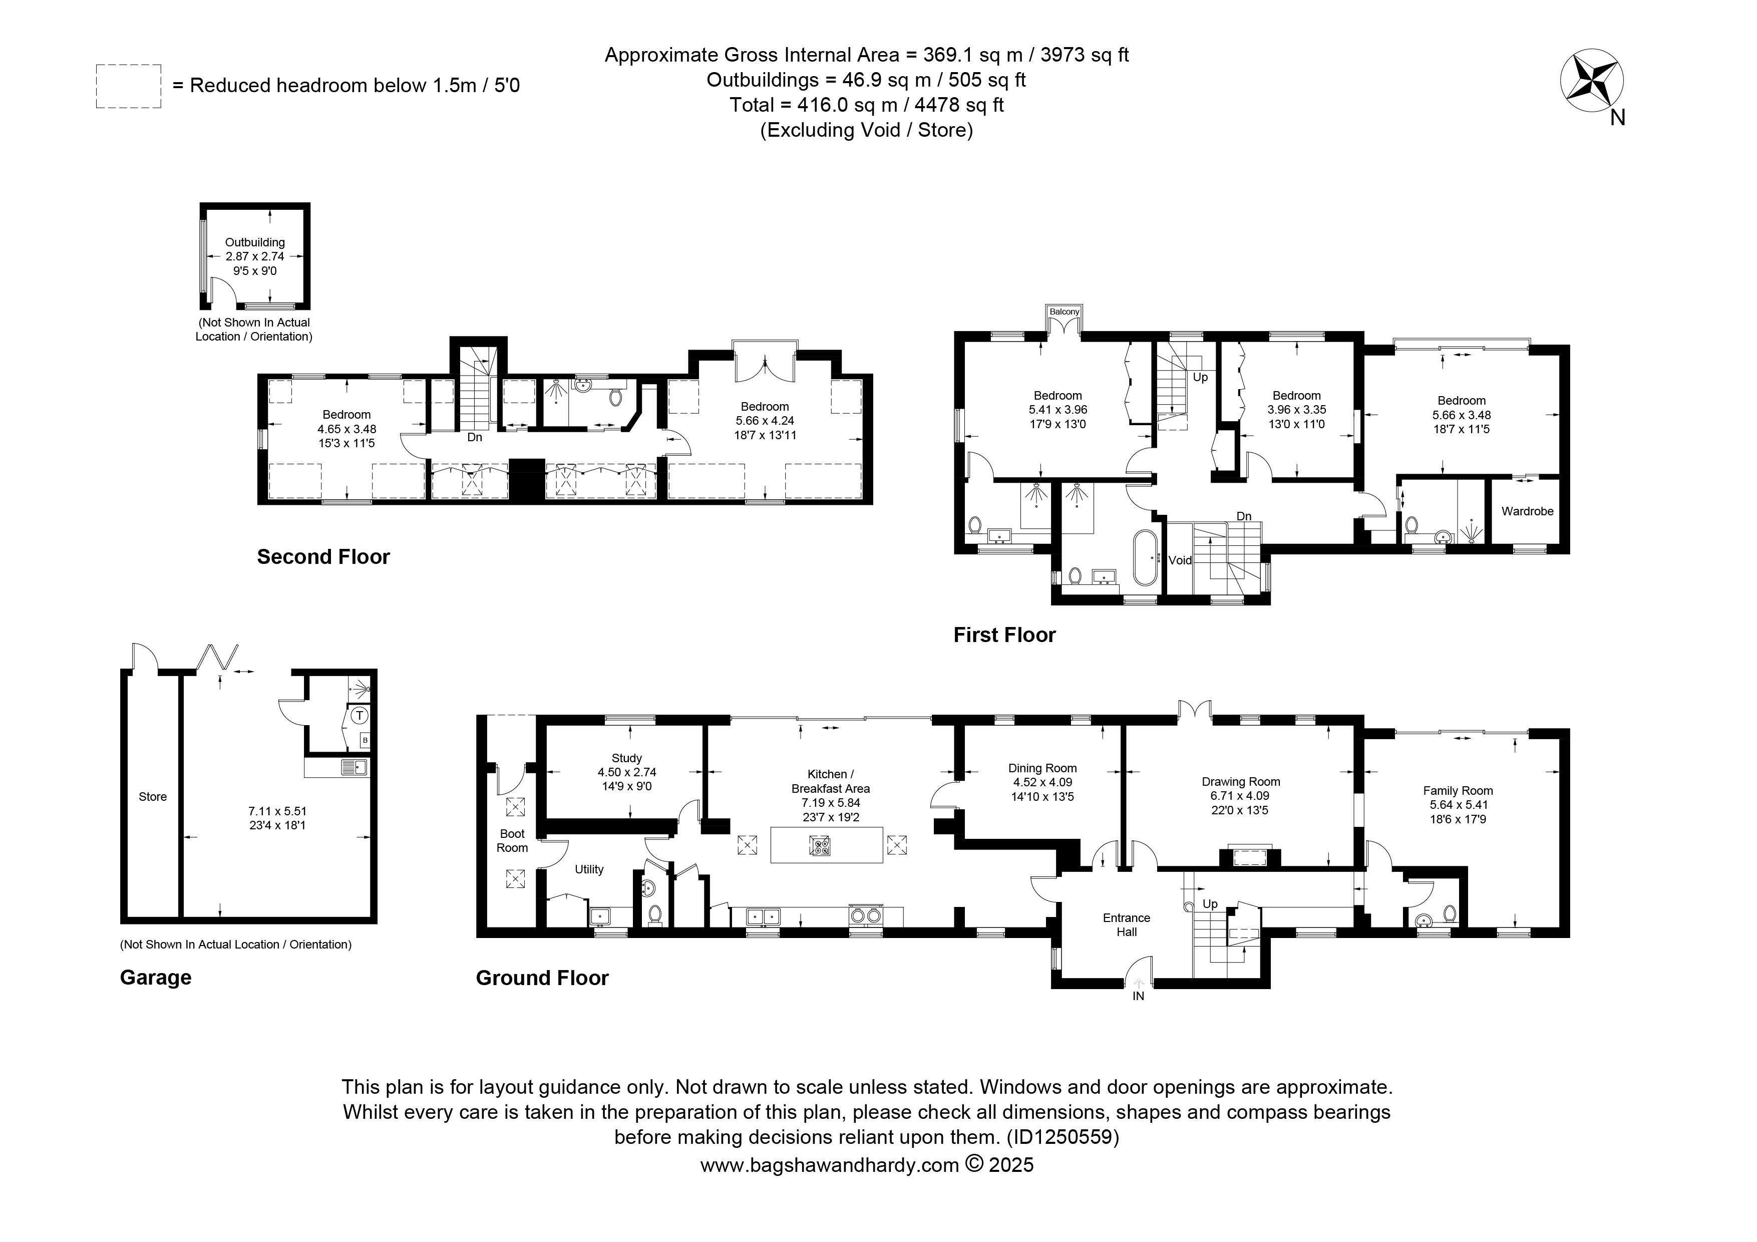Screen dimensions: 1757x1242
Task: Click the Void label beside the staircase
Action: (x=1180, y=560)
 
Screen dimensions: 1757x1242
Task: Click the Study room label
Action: (x=627, y=758)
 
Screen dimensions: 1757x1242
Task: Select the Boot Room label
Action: (x=512, y=840)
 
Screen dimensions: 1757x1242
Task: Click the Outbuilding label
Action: (x=255, y=242)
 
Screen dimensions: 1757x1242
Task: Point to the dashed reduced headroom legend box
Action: (x=129, y=87)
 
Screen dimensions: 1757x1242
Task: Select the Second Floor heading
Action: (x=323, y=557)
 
